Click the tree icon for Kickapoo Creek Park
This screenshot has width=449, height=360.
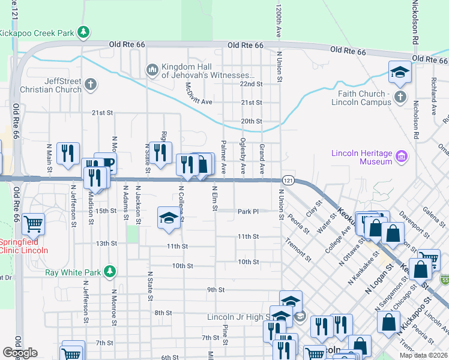[x=85, y=31]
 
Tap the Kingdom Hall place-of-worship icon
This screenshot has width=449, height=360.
[x=152, y=70]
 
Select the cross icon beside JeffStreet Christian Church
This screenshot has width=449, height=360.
[x=91, y=83]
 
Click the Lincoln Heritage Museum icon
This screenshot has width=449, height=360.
[x=402, y=157]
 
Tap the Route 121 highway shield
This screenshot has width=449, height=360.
[x=288, y=179]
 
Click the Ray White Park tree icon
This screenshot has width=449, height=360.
[x=109, y=272]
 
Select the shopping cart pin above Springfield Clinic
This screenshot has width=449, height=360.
[x=34, y=224]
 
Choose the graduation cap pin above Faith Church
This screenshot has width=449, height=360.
[x=400, y=72]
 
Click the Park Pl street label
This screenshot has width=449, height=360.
[x=247, y=211]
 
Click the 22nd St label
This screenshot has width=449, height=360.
[x=252, y=85]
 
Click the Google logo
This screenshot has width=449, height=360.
[x=20, y=352]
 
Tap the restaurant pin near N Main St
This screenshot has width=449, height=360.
[x=68, y=152]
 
